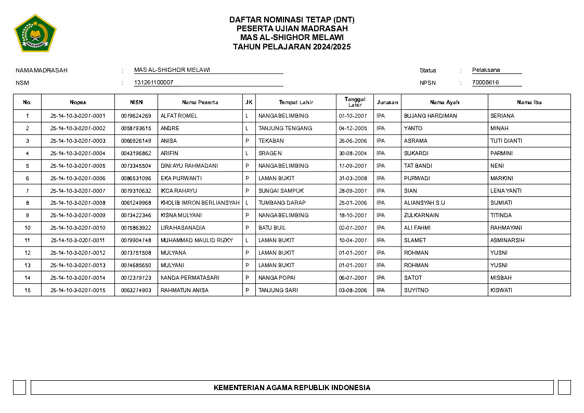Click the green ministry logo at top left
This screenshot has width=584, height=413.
point(35,33)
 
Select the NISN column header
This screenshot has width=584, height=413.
point(136,102)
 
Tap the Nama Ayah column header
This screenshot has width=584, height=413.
point(445,102)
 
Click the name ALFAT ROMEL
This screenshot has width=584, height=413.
point(179,116)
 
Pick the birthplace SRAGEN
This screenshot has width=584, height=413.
point(270,153)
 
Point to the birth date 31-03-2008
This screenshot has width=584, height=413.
point(353,178)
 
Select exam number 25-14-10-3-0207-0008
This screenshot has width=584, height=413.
point(78,203)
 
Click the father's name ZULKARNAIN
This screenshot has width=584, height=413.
point(421,215)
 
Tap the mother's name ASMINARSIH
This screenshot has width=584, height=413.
point(507,240)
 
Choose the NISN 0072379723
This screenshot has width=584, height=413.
point(136,278)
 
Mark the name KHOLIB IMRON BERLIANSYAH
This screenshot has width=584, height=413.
point(200,203)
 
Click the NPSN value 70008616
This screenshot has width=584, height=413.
point(486,82)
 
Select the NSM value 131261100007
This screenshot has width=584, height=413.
point(154,82)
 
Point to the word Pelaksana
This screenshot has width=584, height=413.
point(486,70)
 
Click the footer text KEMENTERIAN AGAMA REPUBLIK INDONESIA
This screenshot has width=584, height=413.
point(292,387)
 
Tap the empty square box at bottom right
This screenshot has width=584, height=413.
point(564,387)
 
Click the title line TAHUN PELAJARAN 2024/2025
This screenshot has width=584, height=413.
point(292,47)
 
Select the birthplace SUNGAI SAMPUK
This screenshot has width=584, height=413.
point(281,191)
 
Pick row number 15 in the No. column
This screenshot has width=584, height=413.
point(28,290)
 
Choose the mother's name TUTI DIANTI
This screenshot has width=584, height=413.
point(506,141)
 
